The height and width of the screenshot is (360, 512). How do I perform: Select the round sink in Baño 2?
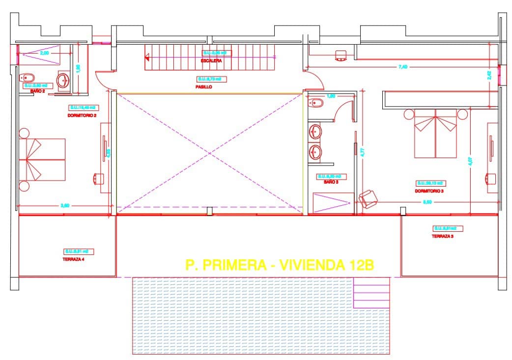click(x=63, y=80)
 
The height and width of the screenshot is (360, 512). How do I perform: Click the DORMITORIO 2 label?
click(x=82, y=115)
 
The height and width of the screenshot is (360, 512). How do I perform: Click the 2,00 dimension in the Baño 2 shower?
click(x=44, y=53)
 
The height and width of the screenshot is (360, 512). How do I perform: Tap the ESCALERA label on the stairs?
click(x=211, y=61)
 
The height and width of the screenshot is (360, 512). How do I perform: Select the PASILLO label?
click(x=203, y=86)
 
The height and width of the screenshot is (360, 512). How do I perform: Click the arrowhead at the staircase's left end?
click(x=146, y=57)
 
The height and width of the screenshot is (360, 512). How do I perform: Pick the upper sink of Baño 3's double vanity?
click(x=315, y=132)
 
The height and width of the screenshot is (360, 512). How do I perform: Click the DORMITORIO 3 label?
click(x=429, y=191)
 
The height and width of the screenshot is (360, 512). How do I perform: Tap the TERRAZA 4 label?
click(x=74, y=259)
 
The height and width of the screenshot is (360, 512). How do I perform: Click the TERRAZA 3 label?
click(x=443, y=236)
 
